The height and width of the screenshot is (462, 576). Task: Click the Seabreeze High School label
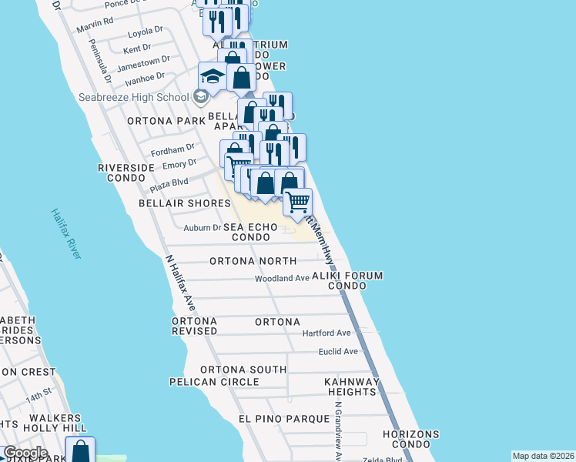pos(133,97)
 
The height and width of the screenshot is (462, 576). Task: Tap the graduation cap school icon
pos(213,76)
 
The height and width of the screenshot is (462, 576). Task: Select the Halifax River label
pos(66,233)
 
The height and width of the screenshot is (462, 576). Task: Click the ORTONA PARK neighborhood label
pos(166,121)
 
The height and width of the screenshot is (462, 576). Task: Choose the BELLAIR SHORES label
pos(184,203)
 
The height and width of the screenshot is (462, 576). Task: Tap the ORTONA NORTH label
pos(253,261)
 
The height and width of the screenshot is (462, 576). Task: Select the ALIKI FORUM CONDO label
pos(347,280)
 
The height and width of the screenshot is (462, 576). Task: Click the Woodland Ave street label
pos(282,278)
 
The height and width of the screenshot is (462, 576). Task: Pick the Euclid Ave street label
pos(339,351)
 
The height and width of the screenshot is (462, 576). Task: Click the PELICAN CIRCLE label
pos(214,382)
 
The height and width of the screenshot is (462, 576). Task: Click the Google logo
pos(25,454)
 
